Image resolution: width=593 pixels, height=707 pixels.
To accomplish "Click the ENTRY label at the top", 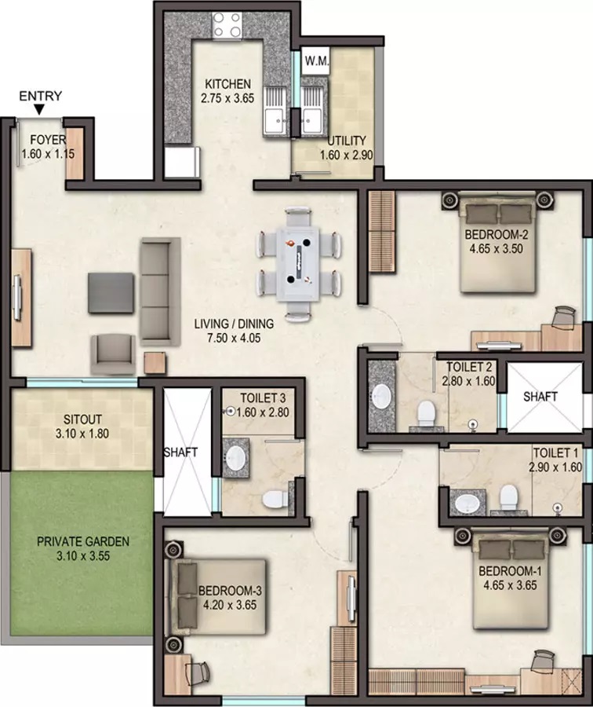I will coord(40,96).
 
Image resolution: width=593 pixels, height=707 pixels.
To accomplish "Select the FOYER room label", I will coord(48,141).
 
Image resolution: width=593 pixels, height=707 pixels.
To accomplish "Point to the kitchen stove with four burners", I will coord(228,25).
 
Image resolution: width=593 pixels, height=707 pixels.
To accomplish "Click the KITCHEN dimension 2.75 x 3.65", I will coord(227,99).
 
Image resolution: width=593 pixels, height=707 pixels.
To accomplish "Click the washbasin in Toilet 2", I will coord(383,394).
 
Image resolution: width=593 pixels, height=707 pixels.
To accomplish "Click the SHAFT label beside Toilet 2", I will coord(540,397).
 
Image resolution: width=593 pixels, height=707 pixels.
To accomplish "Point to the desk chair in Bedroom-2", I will coord(563,315).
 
